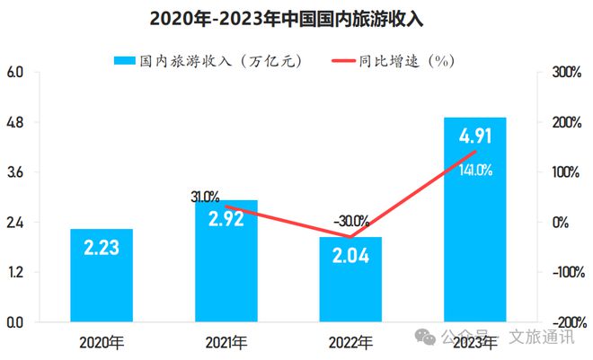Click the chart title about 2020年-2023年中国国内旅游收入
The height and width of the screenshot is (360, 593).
[296, 18]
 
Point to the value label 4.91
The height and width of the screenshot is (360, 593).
[475, 137]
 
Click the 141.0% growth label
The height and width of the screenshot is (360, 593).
[475, 170]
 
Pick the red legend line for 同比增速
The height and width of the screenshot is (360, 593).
[354, 61]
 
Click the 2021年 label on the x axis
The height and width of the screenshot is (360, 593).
[226, 342]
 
